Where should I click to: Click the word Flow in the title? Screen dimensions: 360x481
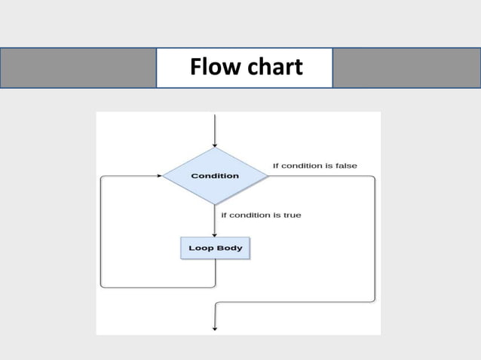coord(213,68)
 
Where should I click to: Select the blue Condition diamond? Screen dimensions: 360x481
coord(216,175)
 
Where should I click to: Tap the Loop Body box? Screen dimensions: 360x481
coord(215,248)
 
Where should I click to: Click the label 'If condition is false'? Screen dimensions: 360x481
coord(314,165)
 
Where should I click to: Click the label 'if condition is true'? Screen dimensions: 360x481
coord(261,215)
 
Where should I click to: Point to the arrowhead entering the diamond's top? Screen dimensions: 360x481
coord(216,144)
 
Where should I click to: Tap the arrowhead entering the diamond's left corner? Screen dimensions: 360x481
coord(159,175)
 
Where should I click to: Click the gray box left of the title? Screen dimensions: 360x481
coord(78,68)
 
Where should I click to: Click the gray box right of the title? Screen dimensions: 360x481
coord(406,68)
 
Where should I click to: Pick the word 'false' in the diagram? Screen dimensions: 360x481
coord(346,165)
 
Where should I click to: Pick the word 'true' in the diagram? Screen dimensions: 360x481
coord(291,215)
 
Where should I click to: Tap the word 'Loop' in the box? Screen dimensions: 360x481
coord(200,248)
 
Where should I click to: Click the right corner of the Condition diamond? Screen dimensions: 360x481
coord(268,175)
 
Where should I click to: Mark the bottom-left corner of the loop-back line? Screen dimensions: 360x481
coord(102,286)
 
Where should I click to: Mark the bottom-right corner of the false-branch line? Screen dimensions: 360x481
coord(374,301)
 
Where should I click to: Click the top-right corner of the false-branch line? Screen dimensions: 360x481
coord(374,176)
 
